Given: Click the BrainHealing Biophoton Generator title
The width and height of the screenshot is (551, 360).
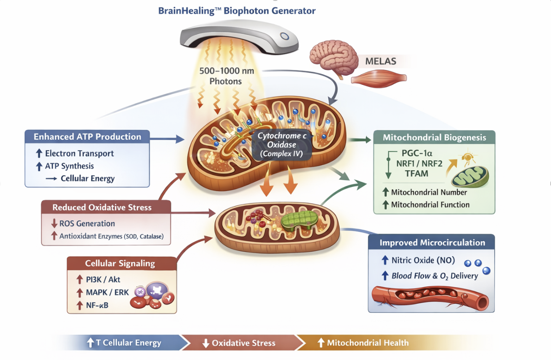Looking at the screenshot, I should click(x=237, y=11).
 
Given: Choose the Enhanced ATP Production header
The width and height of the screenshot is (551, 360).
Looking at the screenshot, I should click(x=87, y=137).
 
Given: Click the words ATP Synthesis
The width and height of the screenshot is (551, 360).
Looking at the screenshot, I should click(x=70, y=166).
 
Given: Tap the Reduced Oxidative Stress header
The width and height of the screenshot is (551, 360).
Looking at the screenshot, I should click(x=102, y=207).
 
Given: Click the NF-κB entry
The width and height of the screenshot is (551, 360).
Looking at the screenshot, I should click(x=97, y=305).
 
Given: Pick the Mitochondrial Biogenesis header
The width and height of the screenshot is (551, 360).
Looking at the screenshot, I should click(x=434, y=137).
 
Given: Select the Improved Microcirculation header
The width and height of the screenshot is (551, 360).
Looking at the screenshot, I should click(x=432, y=243).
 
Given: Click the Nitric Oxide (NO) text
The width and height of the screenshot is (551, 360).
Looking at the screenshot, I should click(x=423, y=260).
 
